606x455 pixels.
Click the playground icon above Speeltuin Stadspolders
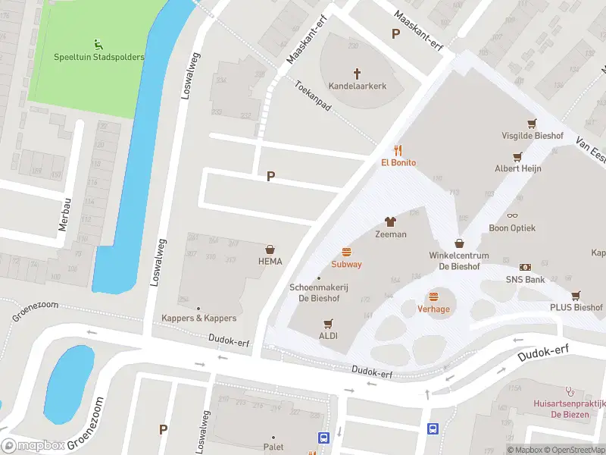point(98,45)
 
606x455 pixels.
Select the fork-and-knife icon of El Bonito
point(398,150)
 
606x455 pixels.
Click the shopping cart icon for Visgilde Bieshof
point(531,124)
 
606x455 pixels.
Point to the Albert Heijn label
point(517,168)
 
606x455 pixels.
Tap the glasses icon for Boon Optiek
point(512,216)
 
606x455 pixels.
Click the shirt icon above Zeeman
point(391,221)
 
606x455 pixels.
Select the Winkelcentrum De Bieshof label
point(459,261)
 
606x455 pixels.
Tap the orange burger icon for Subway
point(346,252)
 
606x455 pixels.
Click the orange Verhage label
point(433,309)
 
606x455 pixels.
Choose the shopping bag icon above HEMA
point(270,249)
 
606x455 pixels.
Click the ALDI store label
point(328,335)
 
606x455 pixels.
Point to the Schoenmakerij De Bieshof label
point(319,293)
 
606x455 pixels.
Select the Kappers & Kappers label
point(198,318)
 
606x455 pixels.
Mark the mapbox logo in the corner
point(34,447)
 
